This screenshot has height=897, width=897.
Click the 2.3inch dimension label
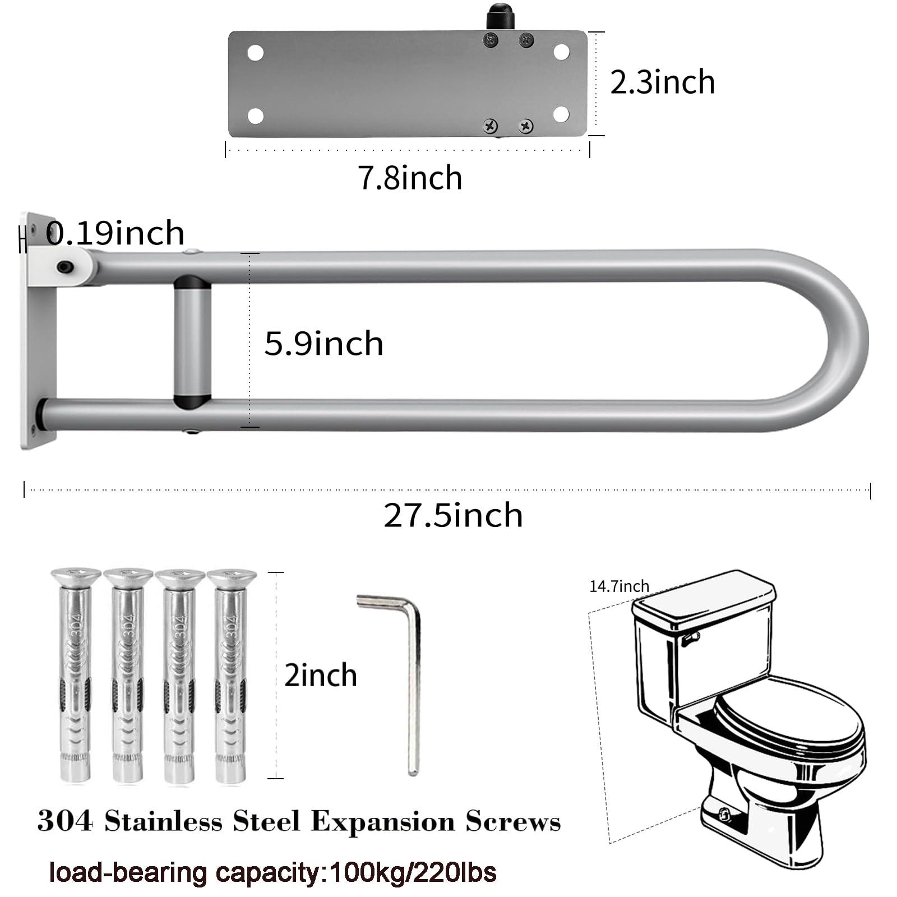tap(662, 82)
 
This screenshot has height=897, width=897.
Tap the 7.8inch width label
tap(410, 178)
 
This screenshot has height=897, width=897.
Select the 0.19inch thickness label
tap(115, 233)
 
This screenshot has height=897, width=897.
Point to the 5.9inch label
tap(323, 343)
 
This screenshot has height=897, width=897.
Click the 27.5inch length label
tap(453, 515)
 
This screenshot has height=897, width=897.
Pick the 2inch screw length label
tap(321, 675)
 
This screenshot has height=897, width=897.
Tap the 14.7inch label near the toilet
tap(619, 586)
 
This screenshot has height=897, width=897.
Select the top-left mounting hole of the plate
tap(256, 53)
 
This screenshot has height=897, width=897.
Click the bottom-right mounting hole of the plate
tap(561, 114)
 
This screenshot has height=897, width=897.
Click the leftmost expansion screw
tap(75, 676)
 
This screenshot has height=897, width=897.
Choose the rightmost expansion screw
tap(231, 676)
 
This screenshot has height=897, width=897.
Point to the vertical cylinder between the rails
tap(192, 341)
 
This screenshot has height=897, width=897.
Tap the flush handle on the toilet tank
tap(692, 637)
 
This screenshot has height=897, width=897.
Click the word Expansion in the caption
tap(383, 822)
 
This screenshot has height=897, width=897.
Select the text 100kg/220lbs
tap(413, 873)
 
